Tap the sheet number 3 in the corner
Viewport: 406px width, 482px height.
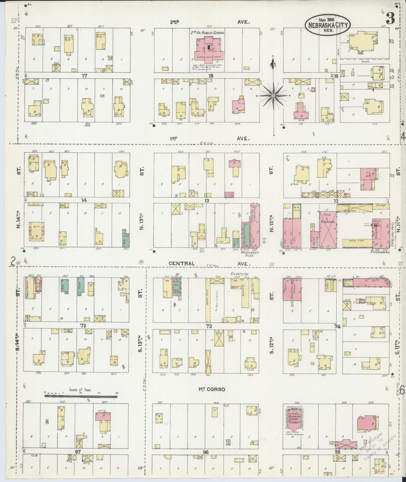[x=390, y=19]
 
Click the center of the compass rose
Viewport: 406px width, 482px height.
[x=273, y=96]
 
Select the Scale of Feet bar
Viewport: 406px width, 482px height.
[x=81, y=397]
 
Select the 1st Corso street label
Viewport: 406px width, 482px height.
[x=212, y=389]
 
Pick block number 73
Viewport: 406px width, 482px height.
[x=209, y=326]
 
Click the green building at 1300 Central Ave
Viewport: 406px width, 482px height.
[x=125, y=238]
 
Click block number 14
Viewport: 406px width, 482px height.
[x=84, y=201]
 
